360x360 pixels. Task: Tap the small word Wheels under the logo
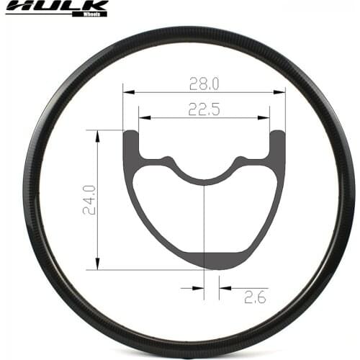pyautogui.click(x=92, y=13)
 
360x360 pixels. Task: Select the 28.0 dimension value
pyautogui.click(x=204, y=84)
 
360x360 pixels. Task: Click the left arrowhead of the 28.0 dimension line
pyautogui.click(x=127, y=92)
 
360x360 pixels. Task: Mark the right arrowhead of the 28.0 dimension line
pyautogui.click(x=282, y=92)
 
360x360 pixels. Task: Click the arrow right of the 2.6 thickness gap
pyautogui.click(x=224, y=287)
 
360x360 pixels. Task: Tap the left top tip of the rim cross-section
pyautogui.click(x=130, y=132)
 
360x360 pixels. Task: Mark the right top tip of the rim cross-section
pyautogui.click(x=278, y=132)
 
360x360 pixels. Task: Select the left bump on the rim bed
pyautogui.click(x=168, y=158)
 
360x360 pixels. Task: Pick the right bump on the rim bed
pyautogui.click(x=241, y=158)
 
